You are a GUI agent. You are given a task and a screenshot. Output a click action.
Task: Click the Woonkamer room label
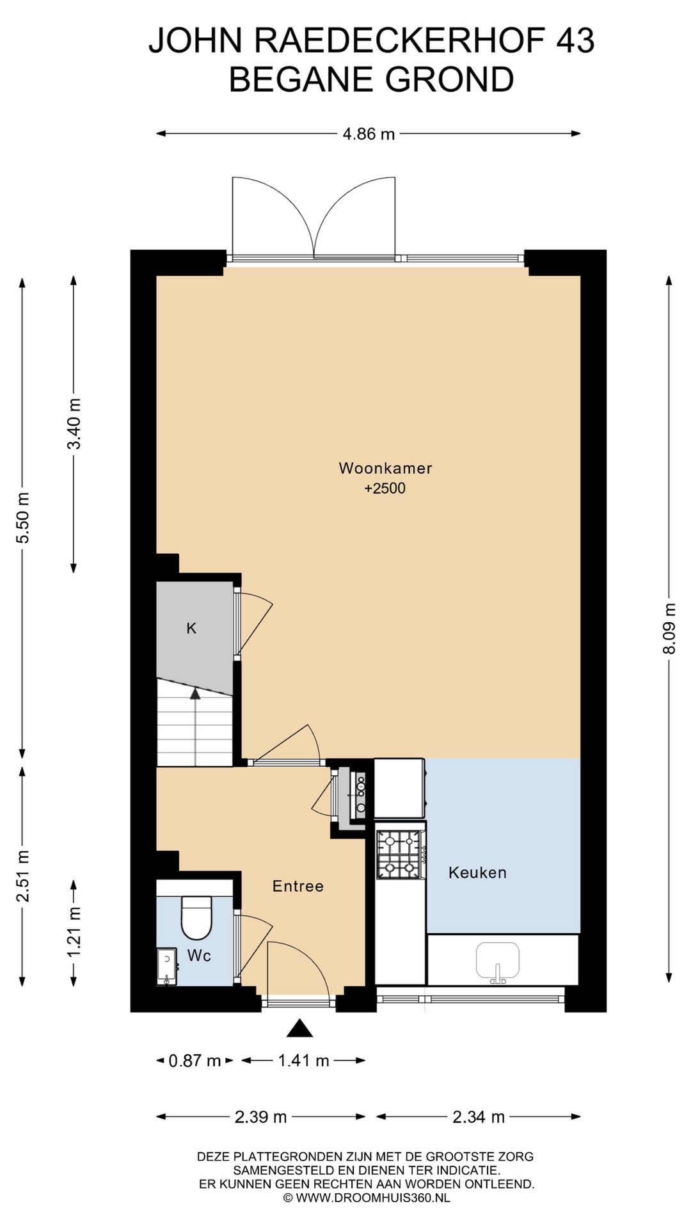(385, 468)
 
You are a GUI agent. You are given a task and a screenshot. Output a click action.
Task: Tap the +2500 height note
(385, 488)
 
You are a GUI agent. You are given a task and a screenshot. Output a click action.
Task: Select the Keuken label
(477, 872)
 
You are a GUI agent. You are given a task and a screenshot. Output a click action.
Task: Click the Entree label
(298, 886)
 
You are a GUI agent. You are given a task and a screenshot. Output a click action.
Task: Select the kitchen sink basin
(497, 961)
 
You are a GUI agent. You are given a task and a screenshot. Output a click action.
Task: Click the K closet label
(191, 629)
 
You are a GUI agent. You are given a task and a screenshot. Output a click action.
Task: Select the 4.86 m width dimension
(369, 134)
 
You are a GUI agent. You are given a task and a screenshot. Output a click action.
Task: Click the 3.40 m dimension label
(74, 424)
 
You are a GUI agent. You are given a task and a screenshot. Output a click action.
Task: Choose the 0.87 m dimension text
(195, 1061)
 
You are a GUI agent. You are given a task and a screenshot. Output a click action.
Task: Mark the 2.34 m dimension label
(479, 1117)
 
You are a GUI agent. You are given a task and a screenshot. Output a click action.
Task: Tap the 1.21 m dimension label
(74, 933)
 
